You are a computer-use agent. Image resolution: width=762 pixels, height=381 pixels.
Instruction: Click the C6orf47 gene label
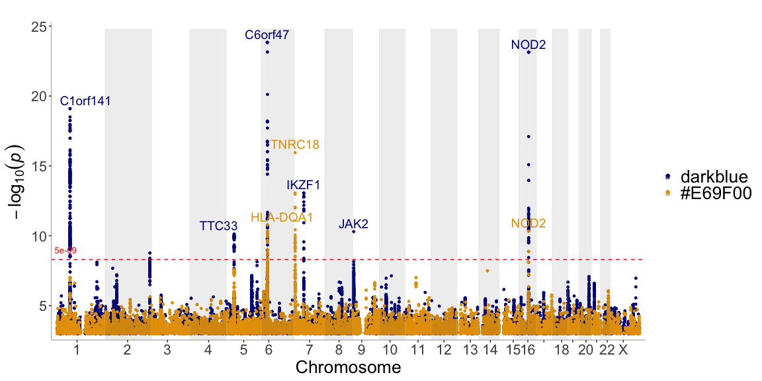pyautogui.click(x=267, y=35)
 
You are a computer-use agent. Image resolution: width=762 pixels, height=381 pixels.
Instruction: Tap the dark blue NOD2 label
pyautogui.click(x=528, y=45)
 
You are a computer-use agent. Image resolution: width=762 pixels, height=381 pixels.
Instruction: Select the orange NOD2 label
pyautogui.click(x=528, y=224)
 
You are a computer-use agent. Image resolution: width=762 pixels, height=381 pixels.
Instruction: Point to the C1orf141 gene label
pyautogui.click(x=85, y=101)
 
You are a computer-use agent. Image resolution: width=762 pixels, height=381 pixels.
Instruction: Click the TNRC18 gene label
pyautogui.click(x=295, y=144)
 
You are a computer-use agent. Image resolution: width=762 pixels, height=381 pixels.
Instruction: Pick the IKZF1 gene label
pyautogui.click(x=304, y=185)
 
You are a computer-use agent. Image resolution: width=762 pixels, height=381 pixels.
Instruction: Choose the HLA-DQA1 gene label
pyautogui.click(x=282, y=217)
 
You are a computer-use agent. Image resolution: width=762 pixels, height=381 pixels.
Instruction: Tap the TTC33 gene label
pyautogui.click(x=218, y=226)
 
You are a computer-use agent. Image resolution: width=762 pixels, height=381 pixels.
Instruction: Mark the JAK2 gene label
pyautogui.click(x=353, y=224)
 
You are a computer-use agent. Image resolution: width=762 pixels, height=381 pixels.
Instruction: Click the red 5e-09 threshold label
pyautogui.click(x=65, y=251)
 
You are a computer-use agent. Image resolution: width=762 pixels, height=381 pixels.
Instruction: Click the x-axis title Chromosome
pyautogui.click(x=348, y=367)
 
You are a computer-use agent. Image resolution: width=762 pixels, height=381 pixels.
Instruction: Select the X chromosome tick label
pyautogui.click(x=622, y=349)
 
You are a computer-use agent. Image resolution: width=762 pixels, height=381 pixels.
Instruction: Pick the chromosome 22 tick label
pyautogui.click(x=607, y=349)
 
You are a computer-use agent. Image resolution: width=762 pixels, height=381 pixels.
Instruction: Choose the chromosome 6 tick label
pyautogui.click(x=268, y=349)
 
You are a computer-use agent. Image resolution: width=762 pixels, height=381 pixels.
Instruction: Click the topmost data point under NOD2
pyautogui.click(x=529, y=52)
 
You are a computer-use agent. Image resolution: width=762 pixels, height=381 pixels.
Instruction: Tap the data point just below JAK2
pyautogui.click(x=354, y=232)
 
